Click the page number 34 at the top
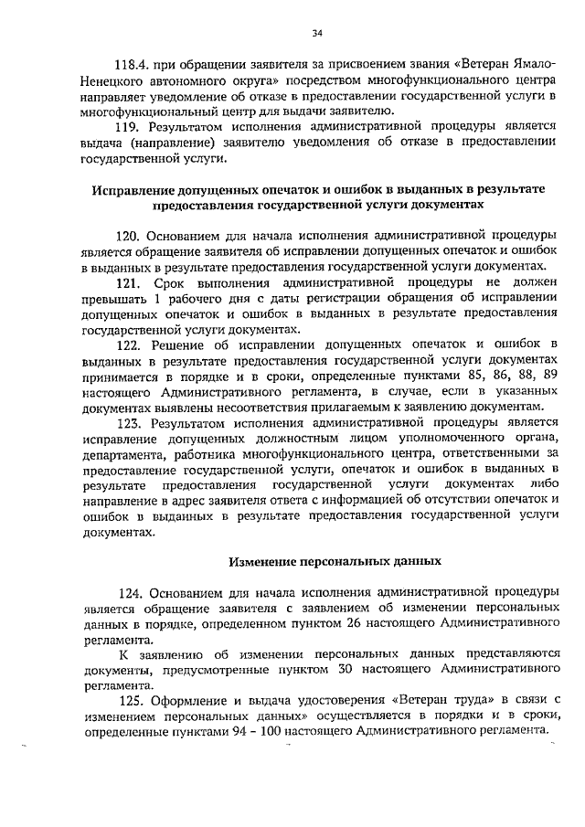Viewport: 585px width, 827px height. (317, 35)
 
